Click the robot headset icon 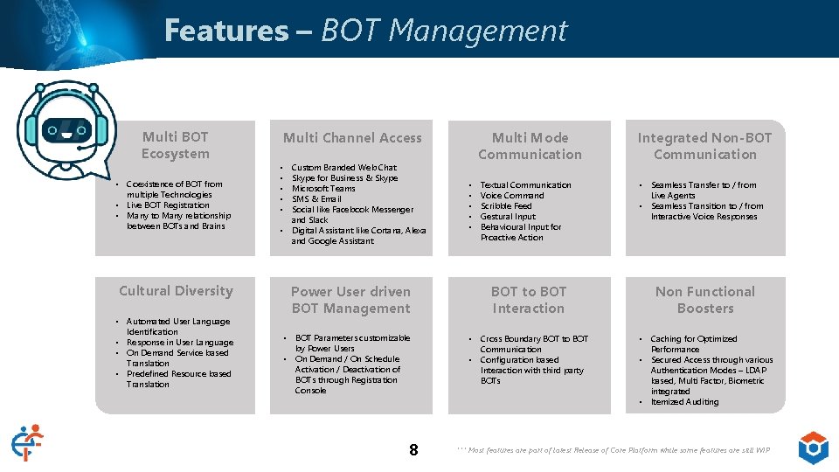[66, 128]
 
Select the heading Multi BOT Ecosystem [176, 145]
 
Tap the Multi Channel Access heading [352, 138]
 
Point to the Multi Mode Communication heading [530, 146]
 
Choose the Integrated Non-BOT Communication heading [704, 146]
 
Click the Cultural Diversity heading [176, 291]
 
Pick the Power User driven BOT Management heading [350, 300]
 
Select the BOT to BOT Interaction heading [529, 300]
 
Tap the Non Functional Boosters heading [704, 300]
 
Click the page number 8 [413, 450]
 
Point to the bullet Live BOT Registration [168, 205]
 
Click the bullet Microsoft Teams [323, 189]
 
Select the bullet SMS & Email [316, 199]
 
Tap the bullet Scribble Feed [506, 206]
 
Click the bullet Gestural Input [508, 217]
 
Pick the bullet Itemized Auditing [684, 402]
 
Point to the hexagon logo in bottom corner [814, 447]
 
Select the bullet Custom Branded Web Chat [343, 168]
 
